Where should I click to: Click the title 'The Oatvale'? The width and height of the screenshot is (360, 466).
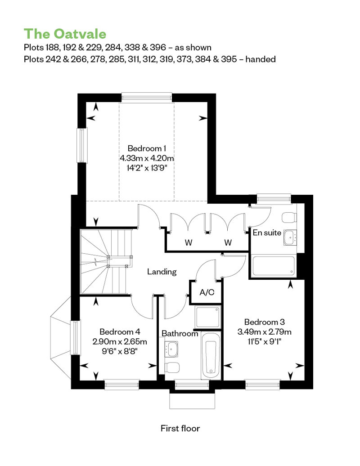(65, 34)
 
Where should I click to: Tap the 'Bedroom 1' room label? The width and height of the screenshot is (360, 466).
(147, 148)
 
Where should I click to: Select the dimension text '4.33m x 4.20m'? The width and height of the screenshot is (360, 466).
(147, 158)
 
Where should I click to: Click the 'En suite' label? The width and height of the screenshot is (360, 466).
(267, 233)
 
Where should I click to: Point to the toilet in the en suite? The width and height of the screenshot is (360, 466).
(289, 217)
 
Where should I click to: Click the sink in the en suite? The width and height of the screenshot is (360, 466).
(290, 237)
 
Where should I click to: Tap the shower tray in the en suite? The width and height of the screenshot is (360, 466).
(274, 266)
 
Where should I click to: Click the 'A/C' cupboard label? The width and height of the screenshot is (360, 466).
(207, 292)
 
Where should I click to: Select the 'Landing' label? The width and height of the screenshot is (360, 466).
(162, 272)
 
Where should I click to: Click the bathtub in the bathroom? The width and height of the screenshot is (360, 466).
(211, 356)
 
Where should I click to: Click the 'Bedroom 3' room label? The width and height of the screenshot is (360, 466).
(265, 322)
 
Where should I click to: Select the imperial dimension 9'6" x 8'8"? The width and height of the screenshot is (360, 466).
(120, 351)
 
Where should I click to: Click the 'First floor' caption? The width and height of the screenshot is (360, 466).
(180, 428)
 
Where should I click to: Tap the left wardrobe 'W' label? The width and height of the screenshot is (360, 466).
(189, 242)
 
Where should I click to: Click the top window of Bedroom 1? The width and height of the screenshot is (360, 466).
(147, 97)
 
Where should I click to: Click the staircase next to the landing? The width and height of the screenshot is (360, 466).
(106, 261)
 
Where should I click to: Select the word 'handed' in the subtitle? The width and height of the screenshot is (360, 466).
(261, 59)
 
